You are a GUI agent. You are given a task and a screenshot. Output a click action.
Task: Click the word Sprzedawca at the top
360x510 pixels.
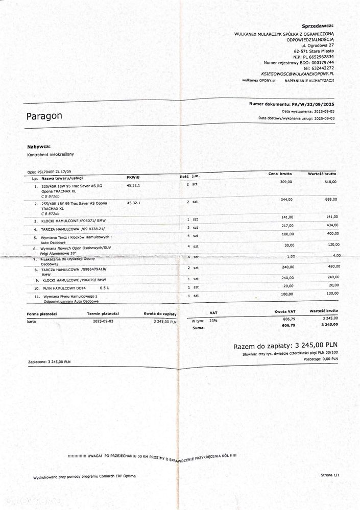(317, 25)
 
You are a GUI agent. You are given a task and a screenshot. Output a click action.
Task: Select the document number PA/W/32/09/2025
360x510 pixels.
(311, 104)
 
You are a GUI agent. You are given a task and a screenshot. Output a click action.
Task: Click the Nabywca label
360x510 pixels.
(39, 147)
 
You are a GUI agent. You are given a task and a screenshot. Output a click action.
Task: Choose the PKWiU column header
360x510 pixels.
(134, 177)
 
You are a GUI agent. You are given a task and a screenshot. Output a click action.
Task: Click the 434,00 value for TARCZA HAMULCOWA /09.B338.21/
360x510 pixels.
(332, 226)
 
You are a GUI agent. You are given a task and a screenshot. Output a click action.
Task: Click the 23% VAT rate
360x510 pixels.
(212, 321)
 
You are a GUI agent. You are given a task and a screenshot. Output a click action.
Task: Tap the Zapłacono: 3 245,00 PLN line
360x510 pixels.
(49, 361)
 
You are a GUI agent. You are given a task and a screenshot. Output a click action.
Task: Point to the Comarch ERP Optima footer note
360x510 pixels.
(85, 476)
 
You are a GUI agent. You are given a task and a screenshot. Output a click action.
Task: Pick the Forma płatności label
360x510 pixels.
(42, 313)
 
